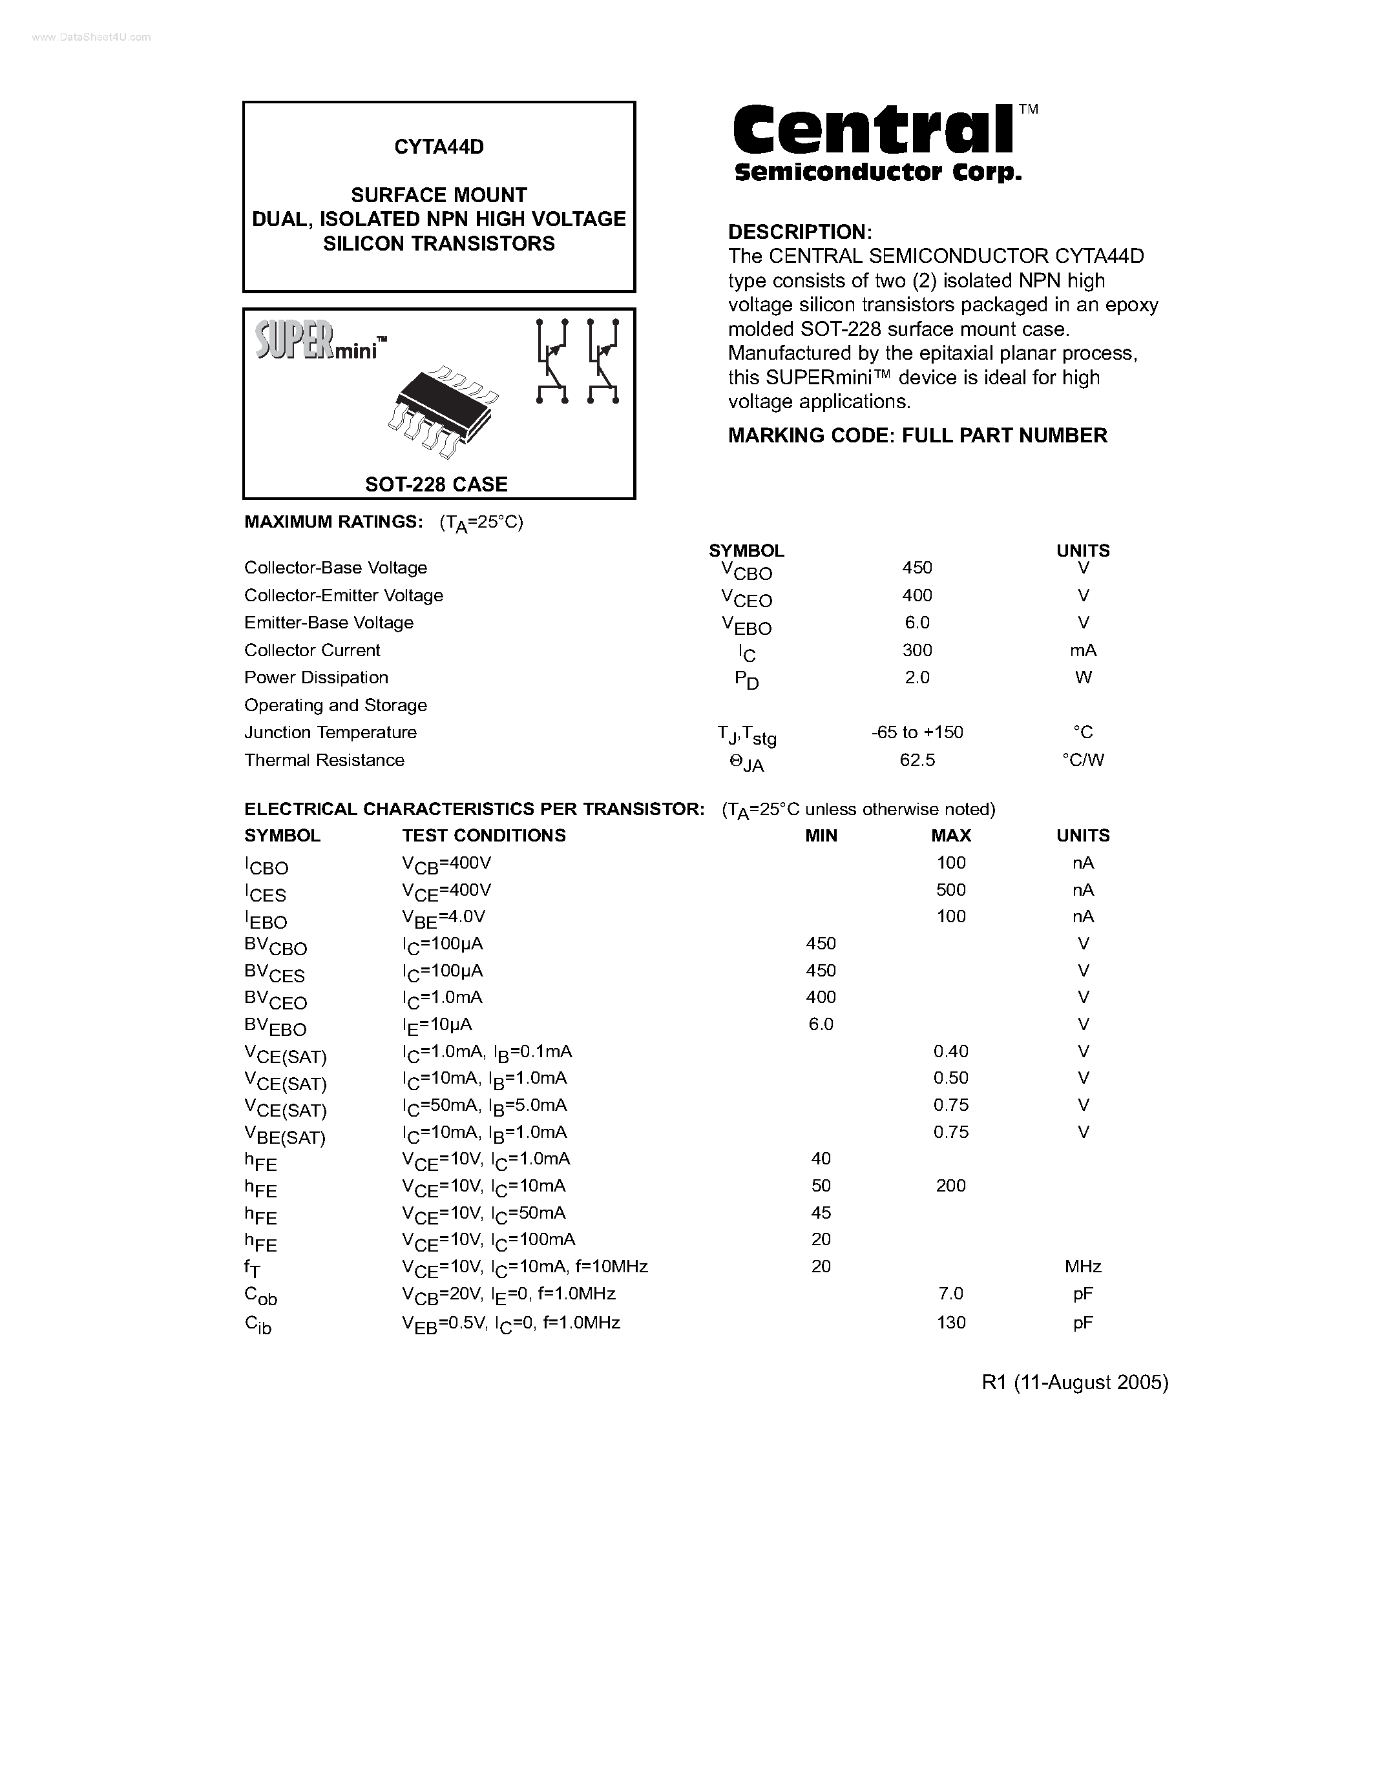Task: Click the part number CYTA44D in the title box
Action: (439, 147)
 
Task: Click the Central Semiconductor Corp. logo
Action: (879, 142)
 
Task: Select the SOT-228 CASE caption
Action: (436, 484)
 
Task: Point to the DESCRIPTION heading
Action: (799, 232)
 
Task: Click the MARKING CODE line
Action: (917, 435)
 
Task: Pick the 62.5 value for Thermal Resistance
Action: (917, 759)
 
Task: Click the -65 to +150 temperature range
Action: (917, 732)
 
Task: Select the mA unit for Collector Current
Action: (1083, 650)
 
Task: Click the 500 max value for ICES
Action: (951, 890)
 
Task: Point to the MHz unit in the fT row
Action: (1083, 1266)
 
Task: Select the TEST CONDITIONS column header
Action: (483, 835)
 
